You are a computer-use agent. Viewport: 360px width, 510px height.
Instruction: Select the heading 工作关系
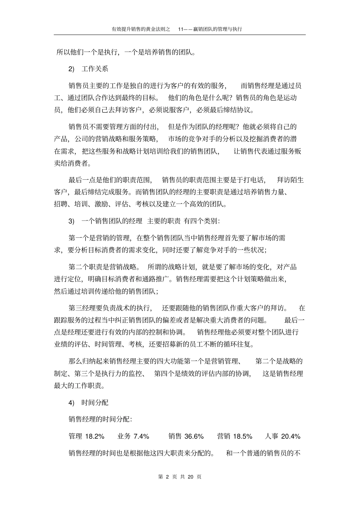coord(95,69)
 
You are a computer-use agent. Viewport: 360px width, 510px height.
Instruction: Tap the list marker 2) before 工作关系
coord(72,69)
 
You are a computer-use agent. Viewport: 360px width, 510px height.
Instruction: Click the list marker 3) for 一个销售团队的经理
coord(72,221)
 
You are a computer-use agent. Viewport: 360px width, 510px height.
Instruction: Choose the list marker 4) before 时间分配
coord(72,403)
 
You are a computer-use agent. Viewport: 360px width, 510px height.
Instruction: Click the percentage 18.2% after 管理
coord(94,436)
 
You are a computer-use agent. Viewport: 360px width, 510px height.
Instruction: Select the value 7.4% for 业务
coord(141,436)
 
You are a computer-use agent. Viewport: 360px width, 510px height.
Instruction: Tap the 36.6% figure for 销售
coord(194,436)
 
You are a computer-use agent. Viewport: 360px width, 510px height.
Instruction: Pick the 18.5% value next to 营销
coord(243,436)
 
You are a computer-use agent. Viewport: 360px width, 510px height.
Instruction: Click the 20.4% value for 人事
coord(291,436)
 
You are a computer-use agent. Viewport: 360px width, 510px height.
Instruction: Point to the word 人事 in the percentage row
coord(272,436)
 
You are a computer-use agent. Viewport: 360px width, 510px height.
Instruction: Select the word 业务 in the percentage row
coord(124,436)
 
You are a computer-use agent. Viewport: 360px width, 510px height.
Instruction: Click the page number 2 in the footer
coord(167,477)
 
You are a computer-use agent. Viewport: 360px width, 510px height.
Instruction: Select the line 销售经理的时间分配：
coord(100,419)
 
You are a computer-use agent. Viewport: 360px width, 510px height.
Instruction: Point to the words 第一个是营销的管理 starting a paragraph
coord(100,238)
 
